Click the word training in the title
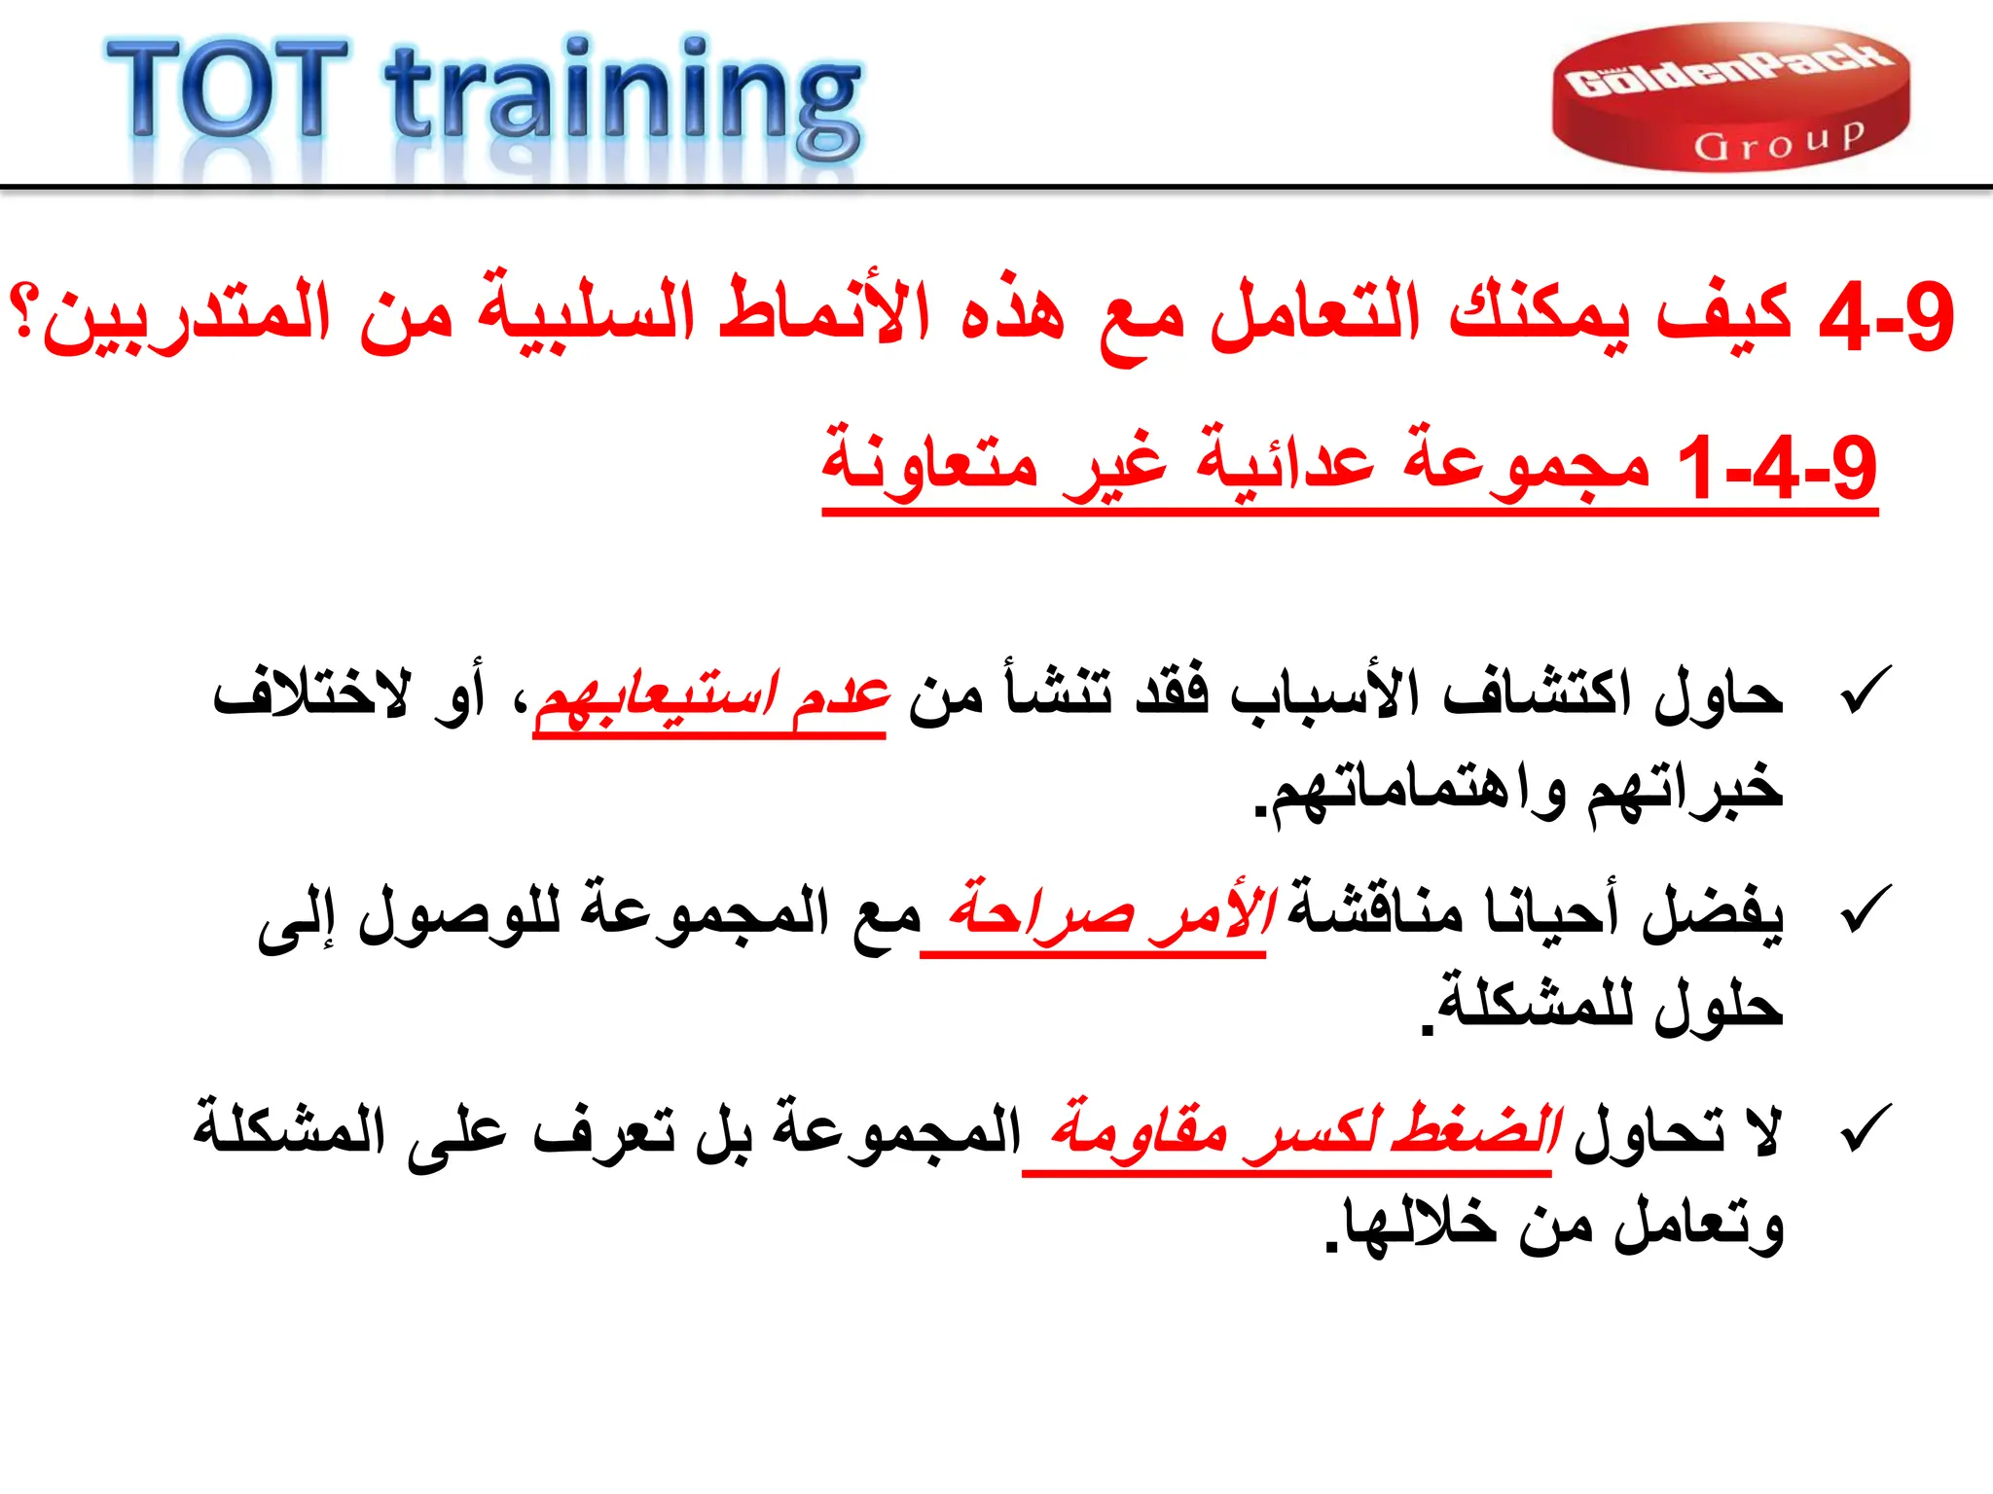623,97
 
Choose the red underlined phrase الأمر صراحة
1109,912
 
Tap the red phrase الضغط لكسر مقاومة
1304,1131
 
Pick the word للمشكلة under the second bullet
1528,1004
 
